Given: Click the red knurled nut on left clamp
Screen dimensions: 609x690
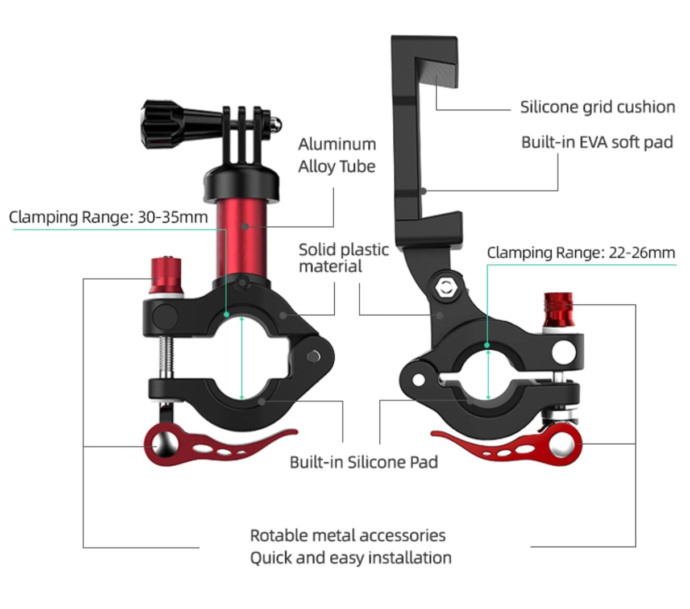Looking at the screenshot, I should pos(166,275).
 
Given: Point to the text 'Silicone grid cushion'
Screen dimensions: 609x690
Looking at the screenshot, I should pos(597,107).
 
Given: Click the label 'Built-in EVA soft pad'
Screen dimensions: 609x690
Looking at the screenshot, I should pos(597,142).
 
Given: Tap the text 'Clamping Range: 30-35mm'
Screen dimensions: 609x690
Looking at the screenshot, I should pos(108,217).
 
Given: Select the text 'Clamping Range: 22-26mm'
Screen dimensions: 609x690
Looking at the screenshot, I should pos(581,253).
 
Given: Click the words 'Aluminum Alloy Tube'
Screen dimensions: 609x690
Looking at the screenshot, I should pos(337,155).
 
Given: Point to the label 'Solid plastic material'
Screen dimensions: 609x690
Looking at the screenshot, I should pos(343,258).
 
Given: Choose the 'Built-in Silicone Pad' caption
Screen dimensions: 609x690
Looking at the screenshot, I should pos(364,462).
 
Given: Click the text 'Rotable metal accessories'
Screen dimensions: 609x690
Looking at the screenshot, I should pos(347,535).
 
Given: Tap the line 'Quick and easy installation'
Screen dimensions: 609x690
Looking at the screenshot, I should pos(351,558).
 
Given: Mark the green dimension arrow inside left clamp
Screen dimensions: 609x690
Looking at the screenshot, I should pos(243,358).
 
